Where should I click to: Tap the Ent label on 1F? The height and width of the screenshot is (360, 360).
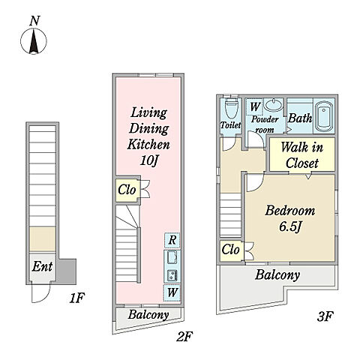click(x=42, y=267)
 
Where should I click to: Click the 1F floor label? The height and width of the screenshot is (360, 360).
click(x=77, y=298)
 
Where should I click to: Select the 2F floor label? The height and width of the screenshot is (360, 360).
click(x=184, y=337)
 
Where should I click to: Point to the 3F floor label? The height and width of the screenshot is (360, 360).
click(x=325, y=316)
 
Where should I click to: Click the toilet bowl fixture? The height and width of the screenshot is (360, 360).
click(x=230, y=109)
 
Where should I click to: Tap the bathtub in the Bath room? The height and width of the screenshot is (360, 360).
click(x=324, y=118)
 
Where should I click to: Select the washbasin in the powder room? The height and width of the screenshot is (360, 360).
click(x=273, y=105)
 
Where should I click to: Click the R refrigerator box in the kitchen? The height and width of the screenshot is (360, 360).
click(x=172, y=240)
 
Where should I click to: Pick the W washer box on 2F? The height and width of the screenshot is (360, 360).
click(x=172, y=292)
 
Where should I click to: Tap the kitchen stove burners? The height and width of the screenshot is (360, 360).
click(x=172, y=276)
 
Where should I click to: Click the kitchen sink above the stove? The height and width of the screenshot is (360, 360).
click(x=172, y=257)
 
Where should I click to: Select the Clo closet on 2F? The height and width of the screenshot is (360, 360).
click(x=127, y=190)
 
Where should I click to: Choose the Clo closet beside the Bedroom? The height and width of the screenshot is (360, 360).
click(x=230, y=250)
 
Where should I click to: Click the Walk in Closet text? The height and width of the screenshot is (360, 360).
click(x=302, y=155)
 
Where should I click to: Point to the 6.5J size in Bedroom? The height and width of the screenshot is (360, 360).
click(x=290, y=227)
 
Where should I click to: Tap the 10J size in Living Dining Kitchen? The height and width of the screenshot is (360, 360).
click(x=149, y=160)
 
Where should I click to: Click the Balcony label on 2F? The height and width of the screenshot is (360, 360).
click(x=148, y=315)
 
